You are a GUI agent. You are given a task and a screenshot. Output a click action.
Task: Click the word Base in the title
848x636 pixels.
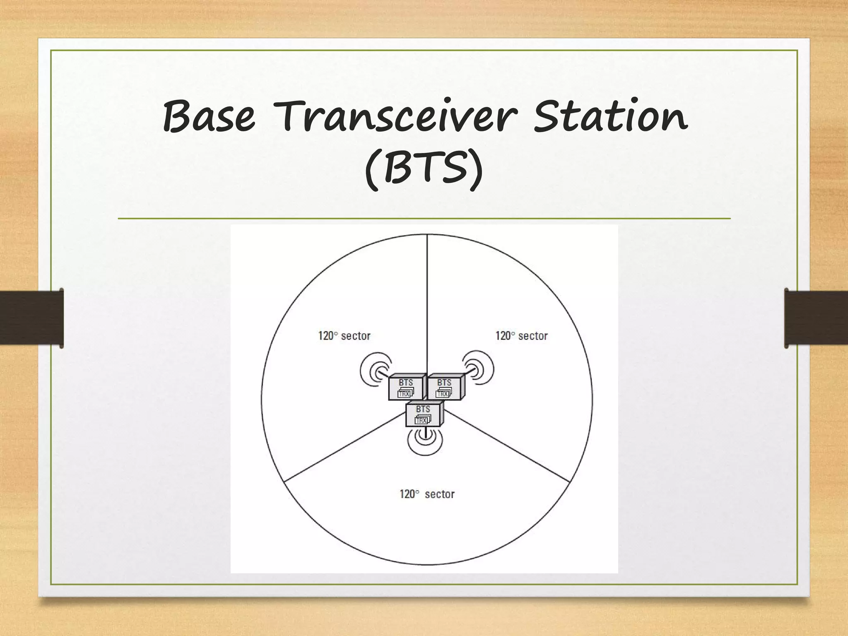tap(209, 117)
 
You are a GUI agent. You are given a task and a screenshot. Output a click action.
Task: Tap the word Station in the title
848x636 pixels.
tap(610, 117)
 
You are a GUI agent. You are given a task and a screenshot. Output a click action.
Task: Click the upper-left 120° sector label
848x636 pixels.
tap(344, 336)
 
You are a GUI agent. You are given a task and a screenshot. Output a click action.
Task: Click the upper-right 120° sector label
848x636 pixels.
tap(521, 336)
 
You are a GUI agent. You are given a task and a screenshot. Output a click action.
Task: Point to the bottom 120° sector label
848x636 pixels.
tap(427, 494)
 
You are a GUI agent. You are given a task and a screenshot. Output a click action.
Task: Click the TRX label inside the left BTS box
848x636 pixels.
tap(404, 394)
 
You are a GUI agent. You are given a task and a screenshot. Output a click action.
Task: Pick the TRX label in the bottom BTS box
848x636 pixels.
tap(421, 420)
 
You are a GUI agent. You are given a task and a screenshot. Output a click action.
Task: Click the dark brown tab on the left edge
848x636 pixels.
tap(31, 318)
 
